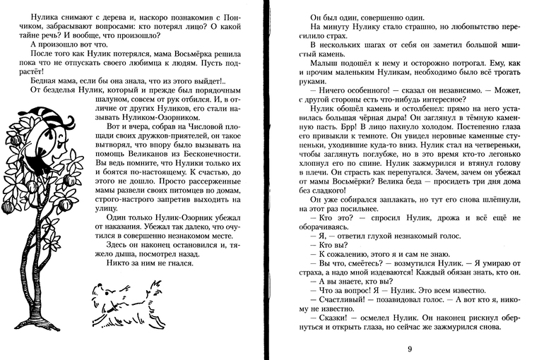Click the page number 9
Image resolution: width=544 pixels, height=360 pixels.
pyautogui.click(x=410, y=348)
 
